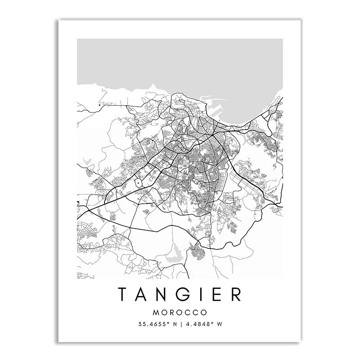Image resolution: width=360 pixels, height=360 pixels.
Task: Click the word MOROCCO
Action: pyautogui.click(x=180, y=312)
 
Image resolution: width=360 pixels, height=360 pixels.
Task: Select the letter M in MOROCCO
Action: pyautogui.click(x=156, y=312)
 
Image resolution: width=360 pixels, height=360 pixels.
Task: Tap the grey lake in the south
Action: pyautogui.click(x=173, y=257)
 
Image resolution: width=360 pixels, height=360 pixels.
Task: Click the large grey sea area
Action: pyautogui.click(x=180, y=63)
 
